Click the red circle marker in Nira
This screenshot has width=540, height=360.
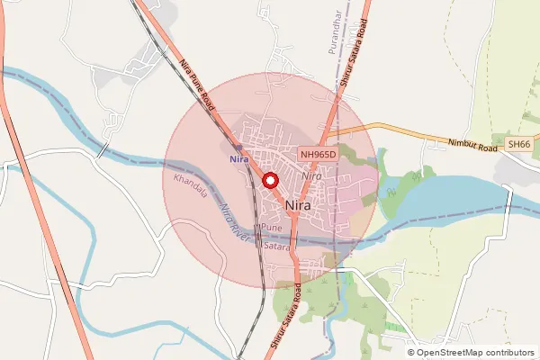coord(269,181)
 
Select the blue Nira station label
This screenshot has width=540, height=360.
coord(238,159)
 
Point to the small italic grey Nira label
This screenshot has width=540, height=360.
coord(312,176)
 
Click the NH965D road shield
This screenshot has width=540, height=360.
coord(318,155)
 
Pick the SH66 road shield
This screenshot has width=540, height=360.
coord(518,144)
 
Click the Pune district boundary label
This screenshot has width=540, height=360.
coord(271,229)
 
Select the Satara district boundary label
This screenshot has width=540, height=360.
coord(278,245)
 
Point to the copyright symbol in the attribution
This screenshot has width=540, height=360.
coord(410,352)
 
